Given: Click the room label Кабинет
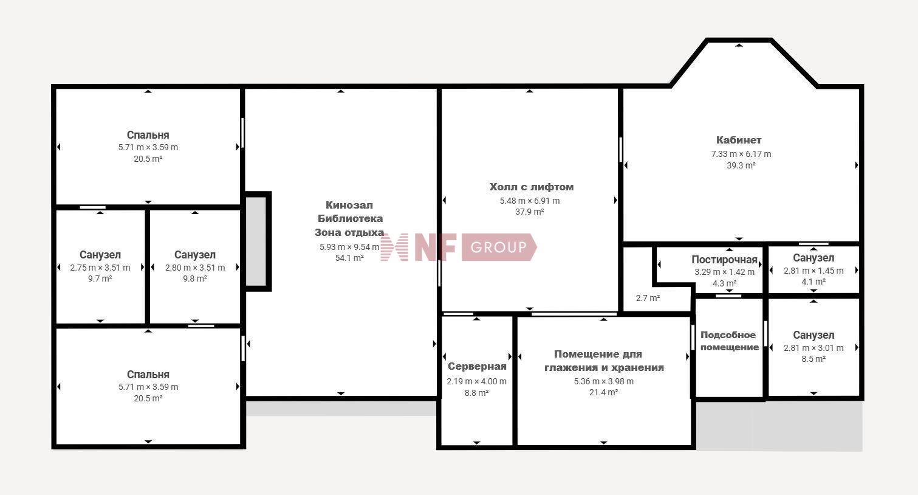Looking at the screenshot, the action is pos(739,140).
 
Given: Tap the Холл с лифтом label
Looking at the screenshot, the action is pos(532,187).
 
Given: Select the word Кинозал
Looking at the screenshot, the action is pos(349,205).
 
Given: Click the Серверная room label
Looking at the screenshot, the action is pos(477,366).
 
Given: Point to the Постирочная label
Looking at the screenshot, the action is pos(724,260).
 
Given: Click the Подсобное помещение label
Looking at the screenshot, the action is pos(730,341).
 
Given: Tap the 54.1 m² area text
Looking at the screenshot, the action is pos(349,258).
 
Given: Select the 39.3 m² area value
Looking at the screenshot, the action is pos(741,165).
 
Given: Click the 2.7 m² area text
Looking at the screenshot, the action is pos(648,298).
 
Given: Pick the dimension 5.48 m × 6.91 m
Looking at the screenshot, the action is pos(530,201).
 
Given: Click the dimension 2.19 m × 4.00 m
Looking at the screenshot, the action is pos(477,381).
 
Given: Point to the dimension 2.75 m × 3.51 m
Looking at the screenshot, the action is pos(100,268).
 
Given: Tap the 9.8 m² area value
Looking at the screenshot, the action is pos(194,279).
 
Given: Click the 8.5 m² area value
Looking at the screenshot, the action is pos(814,359).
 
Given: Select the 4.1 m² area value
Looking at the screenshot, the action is pos(814,282).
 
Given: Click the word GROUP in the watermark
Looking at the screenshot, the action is pos(498,247).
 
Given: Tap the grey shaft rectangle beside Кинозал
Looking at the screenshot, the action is pos(256,241).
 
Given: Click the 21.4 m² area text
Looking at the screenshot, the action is pos(604,392).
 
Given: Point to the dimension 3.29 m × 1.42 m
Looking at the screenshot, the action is pos(724,272).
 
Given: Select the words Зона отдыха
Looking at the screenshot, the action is pos(349,232).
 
